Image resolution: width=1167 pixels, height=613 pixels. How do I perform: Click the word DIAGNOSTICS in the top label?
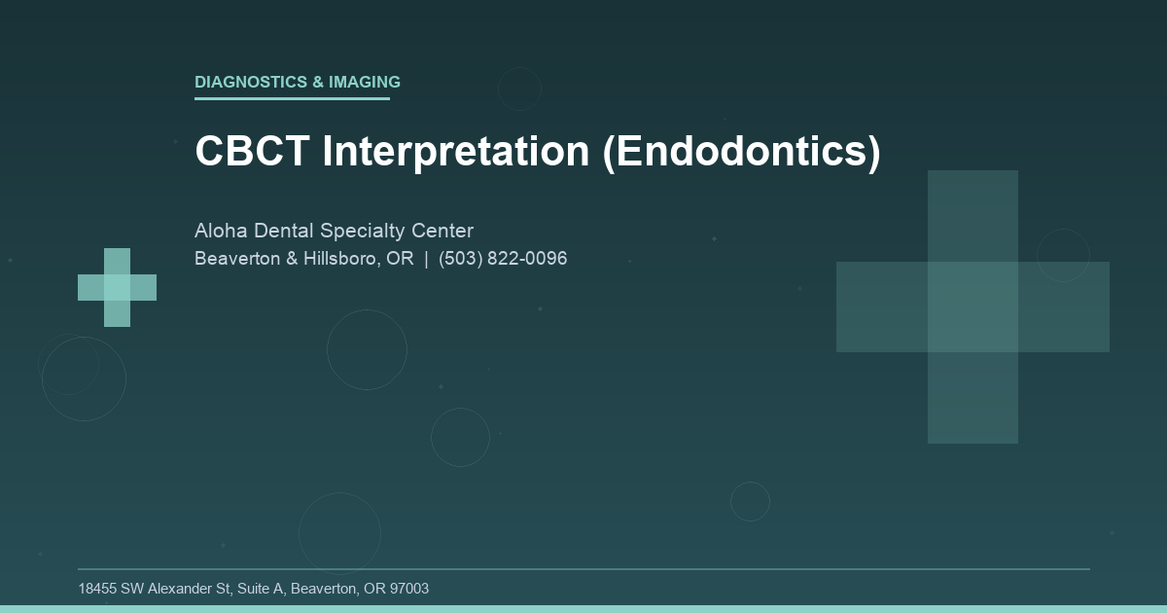click(x=251, y=83)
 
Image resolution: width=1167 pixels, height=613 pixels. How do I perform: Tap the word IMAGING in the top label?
click(x=365, y=83)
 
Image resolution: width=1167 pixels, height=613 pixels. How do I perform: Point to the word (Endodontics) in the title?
click(x=741, y=152)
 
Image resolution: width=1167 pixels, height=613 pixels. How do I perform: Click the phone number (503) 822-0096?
click(x=503, y=260)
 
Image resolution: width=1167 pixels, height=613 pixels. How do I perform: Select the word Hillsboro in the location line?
click(x=341, y=260)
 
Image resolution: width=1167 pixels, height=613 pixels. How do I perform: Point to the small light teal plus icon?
click(x=117, y=287)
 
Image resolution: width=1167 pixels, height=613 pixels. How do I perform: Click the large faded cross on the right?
click(x=972, y=306)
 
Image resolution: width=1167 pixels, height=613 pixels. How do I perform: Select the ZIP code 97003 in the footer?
click(x=408, y=589)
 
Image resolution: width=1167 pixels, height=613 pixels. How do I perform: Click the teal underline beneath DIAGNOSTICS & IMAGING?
click(x=292, y=98)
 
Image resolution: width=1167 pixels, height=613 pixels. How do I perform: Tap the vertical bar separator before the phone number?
click(x=426, y=260)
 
